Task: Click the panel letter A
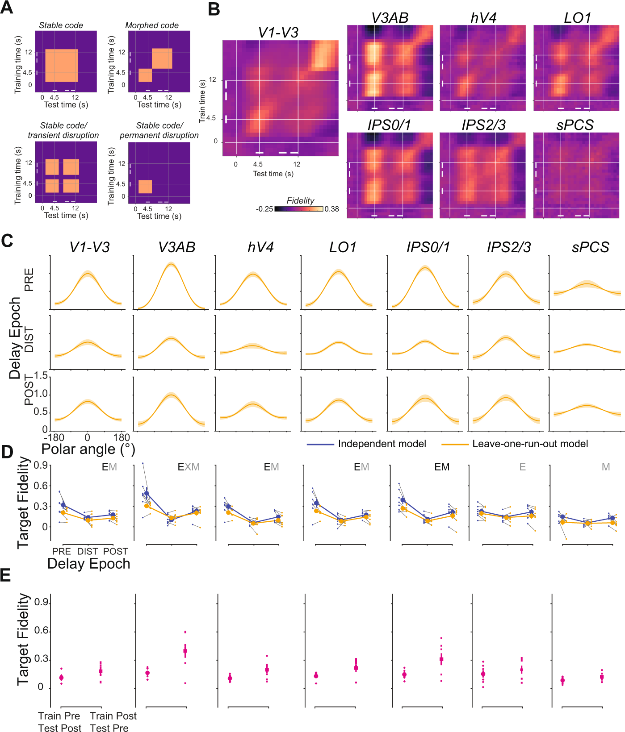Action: pos(7,8)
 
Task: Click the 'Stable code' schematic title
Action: pos(61,25)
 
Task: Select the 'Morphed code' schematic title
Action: pos(152,25)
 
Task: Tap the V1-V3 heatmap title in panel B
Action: pos(278,32)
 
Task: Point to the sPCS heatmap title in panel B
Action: pos(575,125)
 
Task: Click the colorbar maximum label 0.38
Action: pos(331,209)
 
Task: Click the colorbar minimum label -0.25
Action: pos(264,209)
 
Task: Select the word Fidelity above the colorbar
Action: pos(300,200)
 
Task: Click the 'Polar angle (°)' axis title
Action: pos(88,449)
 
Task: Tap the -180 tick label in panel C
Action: pos(54,437)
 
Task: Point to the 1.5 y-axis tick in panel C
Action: pos(41,376)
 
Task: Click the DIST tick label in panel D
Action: pos(88,551)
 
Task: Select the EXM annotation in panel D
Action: pos(189,467)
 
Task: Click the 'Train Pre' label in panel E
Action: pos(59,716)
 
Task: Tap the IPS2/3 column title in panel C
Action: pos(509,247)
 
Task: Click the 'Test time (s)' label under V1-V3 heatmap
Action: pos(273,174)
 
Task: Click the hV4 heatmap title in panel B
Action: pos(483,18)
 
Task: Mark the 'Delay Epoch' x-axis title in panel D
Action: pos(88,564)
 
